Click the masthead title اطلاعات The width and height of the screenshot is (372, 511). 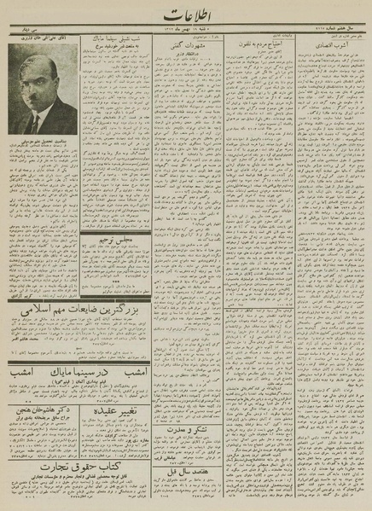tap(184, 17)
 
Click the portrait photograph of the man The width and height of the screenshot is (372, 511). tap(42, 94)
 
